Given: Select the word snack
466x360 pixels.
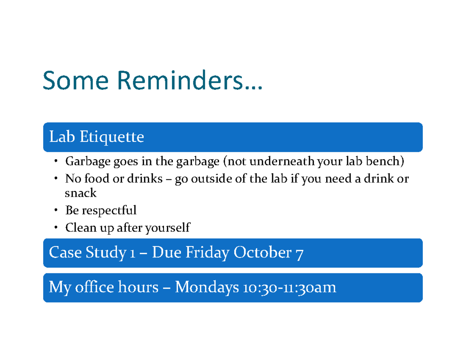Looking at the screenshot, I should pyautogui.click(x=81, y=193).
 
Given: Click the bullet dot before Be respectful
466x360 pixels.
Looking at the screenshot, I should pyautogui.click(x=56, y=210).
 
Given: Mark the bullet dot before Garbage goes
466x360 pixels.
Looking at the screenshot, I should pyautogui.click(x=56, y=161).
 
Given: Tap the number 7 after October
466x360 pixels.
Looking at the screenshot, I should pyautogui.click(x=299, y=254).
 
